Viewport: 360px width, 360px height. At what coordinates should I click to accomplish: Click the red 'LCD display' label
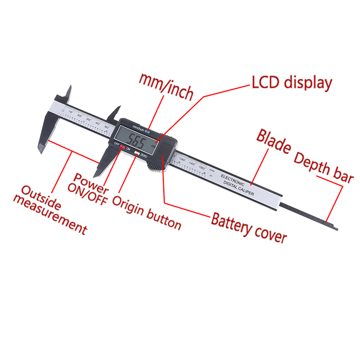[x=291, y=83]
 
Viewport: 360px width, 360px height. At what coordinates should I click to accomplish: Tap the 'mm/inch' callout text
[x=166, y=87]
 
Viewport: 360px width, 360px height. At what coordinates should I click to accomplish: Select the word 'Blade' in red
[x=274, y=141]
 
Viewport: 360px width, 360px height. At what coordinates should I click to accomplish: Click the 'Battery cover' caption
[x=248, y=228]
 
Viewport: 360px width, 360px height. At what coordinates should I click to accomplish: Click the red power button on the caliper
[x=122, y=147]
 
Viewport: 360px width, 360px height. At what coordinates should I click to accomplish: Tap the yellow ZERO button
[x=136, y=153]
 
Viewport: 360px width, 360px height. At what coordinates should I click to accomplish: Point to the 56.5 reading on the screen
[x=136, y=142]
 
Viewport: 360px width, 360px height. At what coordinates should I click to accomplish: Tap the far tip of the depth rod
[x=335, y=228]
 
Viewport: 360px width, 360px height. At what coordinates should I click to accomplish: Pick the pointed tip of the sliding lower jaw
[x=97, y=174]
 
